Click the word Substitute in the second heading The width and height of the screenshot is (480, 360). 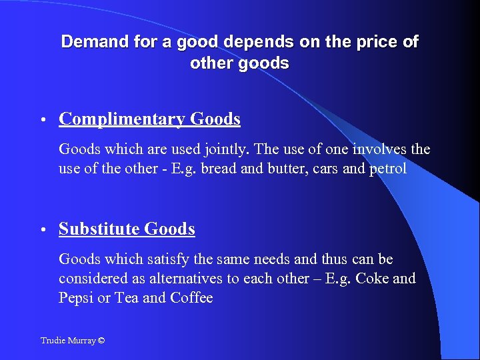point(99,229)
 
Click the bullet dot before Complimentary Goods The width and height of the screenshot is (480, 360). point(42,121)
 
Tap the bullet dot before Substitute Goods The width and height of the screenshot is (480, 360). point(42,231)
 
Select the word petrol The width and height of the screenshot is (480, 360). point(386,168)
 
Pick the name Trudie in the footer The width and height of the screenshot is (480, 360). point(53,341)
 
